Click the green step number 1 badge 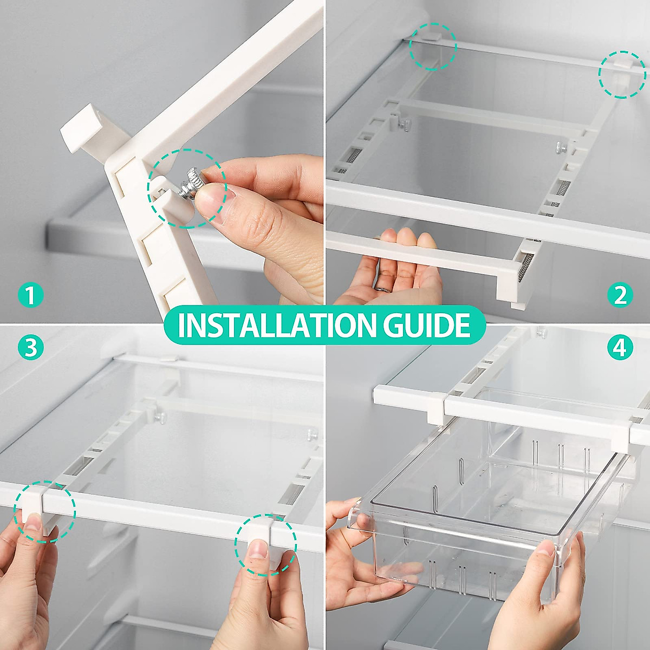(x=30, y=295)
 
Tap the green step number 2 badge (x=620, y=295)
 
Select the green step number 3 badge (x=30, y=347)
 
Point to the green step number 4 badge (x=620, y=347)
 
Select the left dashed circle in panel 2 (x=432, y=46)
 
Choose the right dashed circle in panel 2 (x=622, y=74)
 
